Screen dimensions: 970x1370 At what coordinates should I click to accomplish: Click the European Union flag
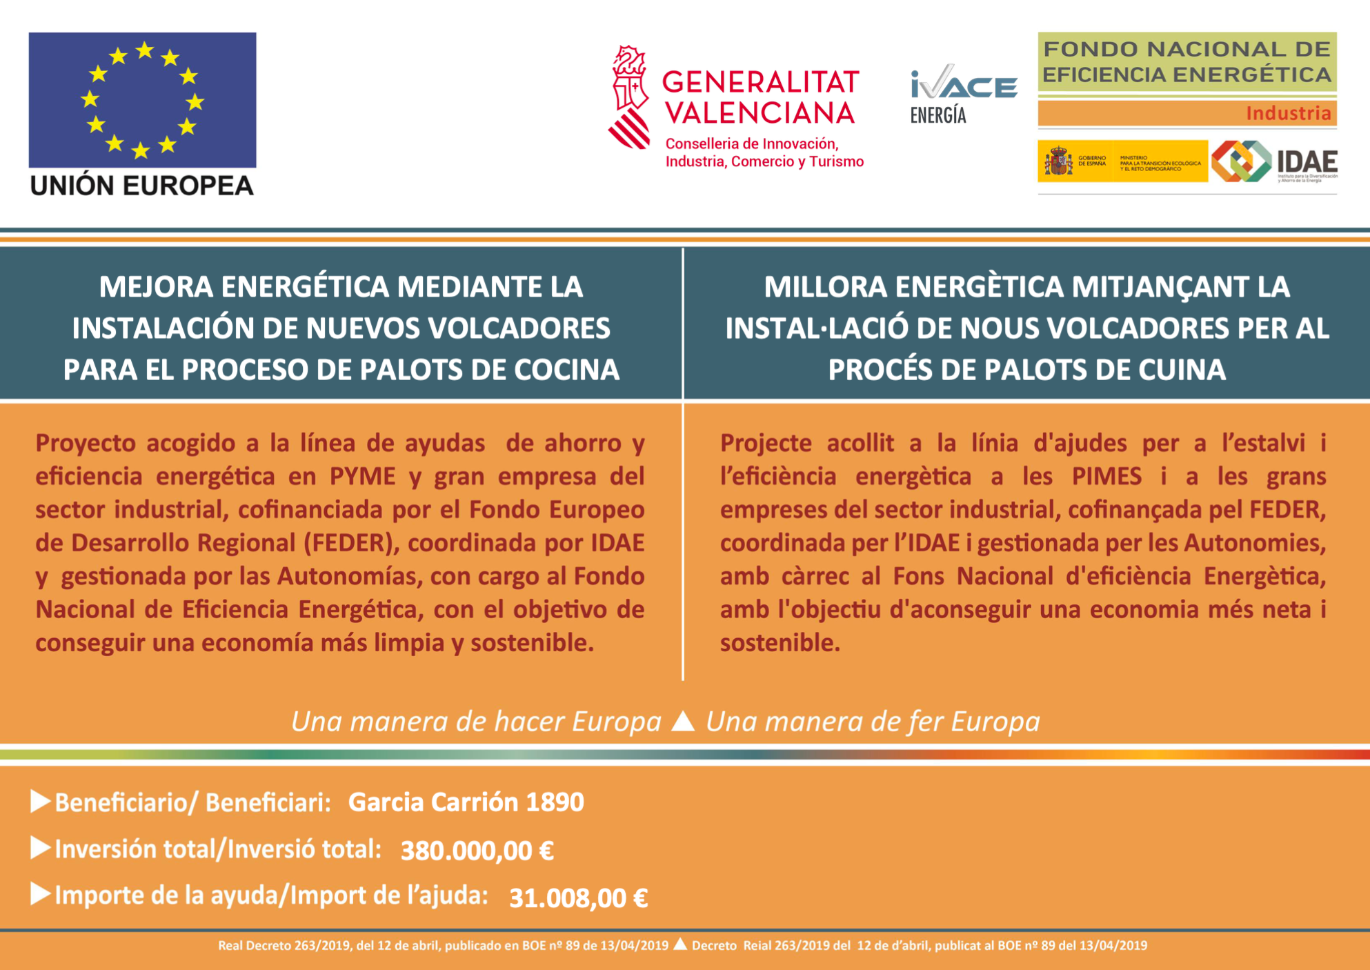(x=142, y=99)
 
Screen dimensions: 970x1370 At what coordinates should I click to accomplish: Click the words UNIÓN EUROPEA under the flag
(x=142, y=186)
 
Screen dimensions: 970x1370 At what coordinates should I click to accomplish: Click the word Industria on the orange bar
(x=1288, y=113)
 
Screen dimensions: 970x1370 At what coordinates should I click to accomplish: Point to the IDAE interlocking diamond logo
(x=1241, y=161)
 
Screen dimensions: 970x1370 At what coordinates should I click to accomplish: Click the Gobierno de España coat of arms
(x=1058, y=161)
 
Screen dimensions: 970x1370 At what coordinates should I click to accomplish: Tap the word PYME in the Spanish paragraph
(x=362, y=476)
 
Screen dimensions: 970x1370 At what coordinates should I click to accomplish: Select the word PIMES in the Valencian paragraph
(x=1106, y=476)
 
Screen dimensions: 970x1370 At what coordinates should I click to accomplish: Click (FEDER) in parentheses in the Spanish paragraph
(x=352, y=543)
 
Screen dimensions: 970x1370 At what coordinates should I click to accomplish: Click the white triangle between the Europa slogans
(x=683, y=721)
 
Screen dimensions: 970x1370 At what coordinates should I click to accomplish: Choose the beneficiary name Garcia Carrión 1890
(x=466, y=802)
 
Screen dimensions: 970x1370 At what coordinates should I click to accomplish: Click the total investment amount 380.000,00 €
(x=477, y=851)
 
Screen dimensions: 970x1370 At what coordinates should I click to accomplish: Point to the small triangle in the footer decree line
(x=680, y=944)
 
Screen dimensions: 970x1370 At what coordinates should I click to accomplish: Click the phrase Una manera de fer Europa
(x=873, y=722)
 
